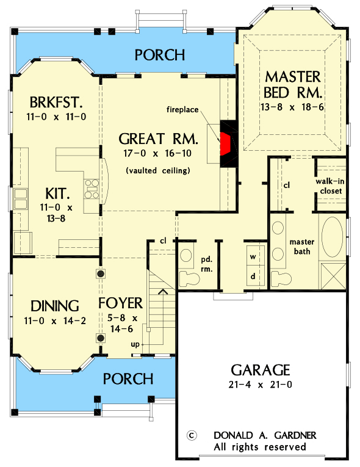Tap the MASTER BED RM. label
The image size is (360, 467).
[293, 85]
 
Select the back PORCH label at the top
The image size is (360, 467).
[159, 55]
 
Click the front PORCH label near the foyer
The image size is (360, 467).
[128, 378]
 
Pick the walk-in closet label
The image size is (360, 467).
[329, 186]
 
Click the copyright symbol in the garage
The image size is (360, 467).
[191, 435]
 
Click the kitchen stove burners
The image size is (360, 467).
[92, 189]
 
